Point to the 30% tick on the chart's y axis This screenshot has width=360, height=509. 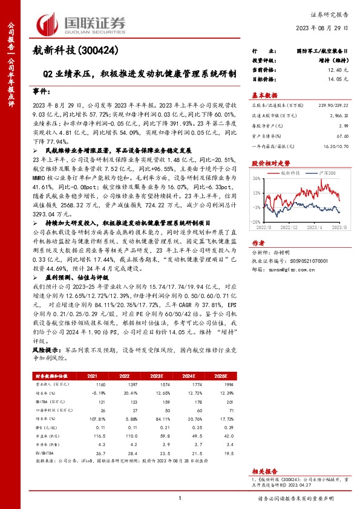(256, 178)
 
